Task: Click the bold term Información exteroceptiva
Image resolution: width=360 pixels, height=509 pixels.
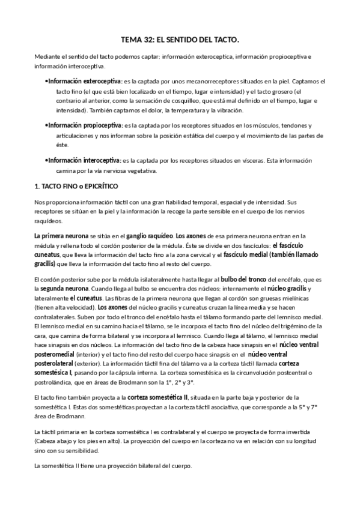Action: click(84, 80)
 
